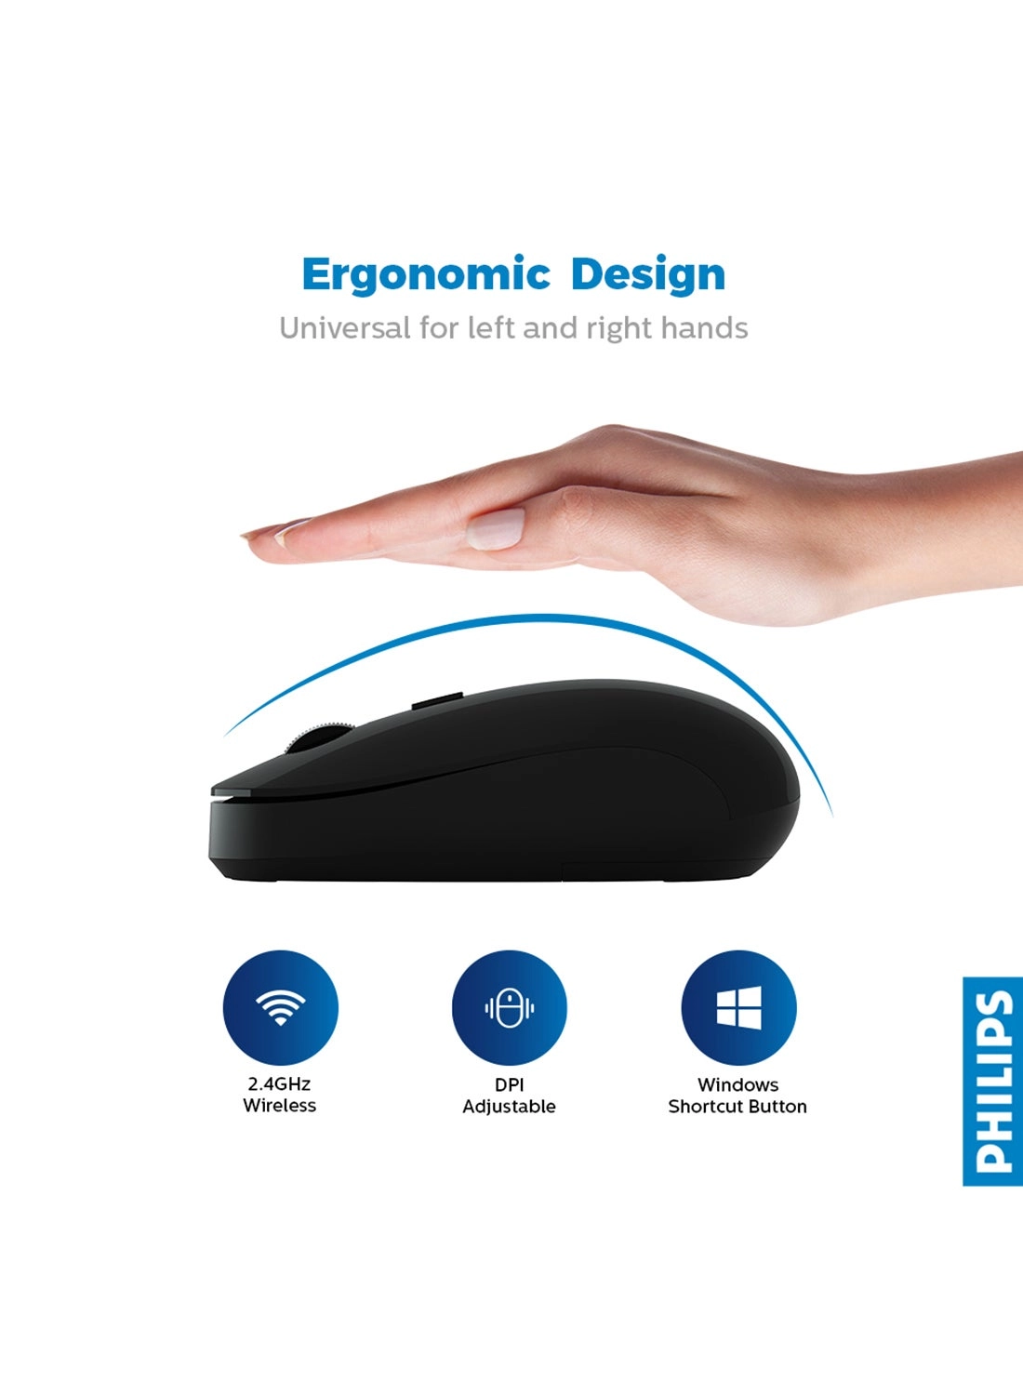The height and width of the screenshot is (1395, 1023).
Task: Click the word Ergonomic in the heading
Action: tap(426, 275)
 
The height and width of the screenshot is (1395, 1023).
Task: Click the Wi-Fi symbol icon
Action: tap(280, 1007)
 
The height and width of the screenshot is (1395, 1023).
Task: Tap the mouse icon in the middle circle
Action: tap(509, 1008)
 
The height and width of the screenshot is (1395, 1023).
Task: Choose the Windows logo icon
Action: tap(738, 1008)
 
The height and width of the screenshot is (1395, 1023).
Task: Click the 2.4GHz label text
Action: tap(279, 1083)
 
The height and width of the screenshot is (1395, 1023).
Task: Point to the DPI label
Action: tap(509, 1084)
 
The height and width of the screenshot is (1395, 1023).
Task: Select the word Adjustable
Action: tap(509, 1107)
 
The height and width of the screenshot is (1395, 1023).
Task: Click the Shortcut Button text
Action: tap(737, 1107)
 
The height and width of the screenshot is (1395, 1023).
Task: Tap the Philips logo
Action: tap(992, 1081)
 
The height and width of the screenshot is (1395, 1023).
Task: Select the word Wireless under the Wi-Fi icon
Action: tap(279, 1106)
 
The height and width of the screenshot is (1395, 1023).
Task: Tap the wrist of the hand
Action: tap(967, 502)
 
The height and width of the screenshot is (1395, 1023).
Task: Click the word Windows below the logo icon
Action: tap(737, 1084)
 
